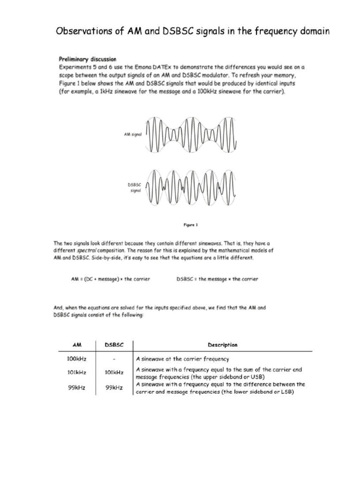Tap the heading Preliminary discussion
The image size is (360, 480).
tap(87, 60)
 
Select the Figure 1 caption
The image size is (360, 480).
tap(190, 225)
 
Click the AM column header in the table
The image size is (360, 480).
tap(77, 345)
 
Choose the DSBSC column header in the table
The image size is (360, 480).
tap(114, 345)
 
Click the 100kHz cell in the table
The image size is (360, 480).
tap(76, 360)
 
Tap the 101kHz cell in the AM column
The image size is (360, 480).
tap(76, 373)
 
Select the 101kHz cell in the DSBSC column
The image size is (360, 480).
tap(114, 373)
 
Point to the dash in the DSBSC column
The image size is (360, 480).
tap(114, 360)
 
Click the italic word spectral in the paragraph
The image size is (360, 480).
tap(86, 251)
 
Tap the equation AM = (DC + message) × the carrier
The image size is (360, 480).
tap(111, 279)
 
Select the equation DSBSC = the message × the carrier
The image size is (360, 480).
tap(217, 279)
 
